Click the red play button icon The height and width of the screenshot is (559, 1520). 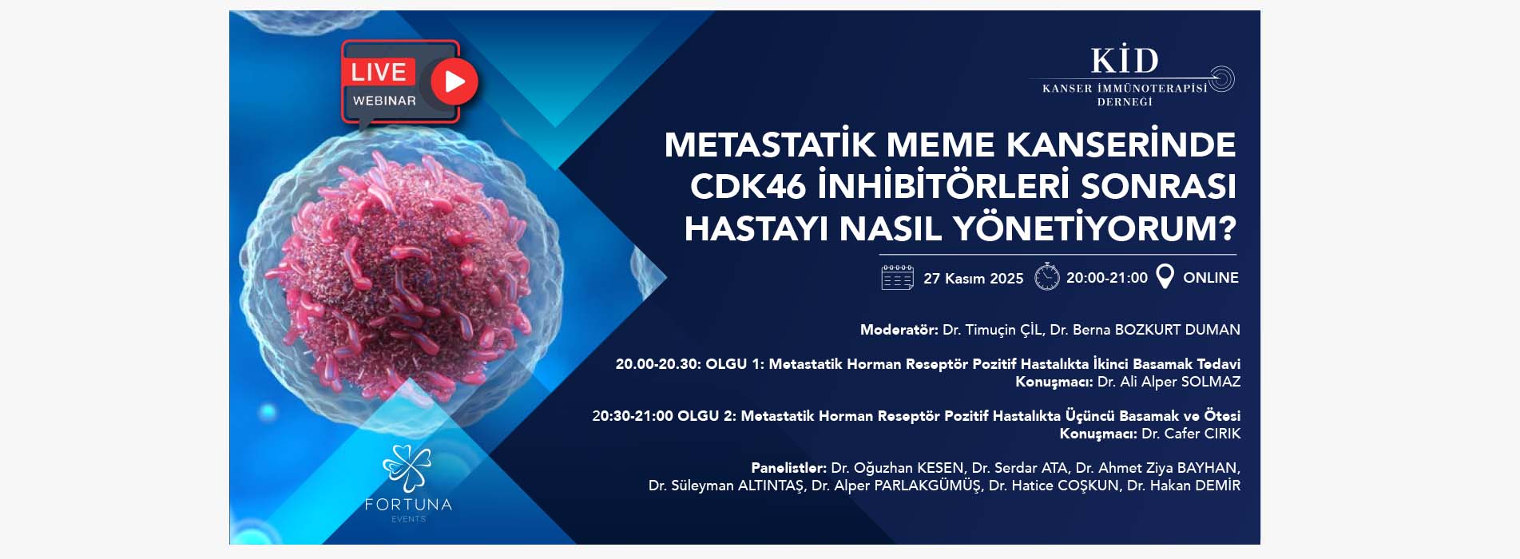point(454,81)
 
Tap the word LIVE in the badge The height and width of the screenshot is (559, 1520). point(379,72)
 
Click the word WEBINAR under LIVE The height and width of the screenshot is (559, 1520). point(384,101)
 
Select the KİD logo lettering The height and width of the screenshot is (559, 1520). point(1125,61)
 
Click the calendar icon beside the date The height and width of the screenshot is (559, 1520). point(897,277)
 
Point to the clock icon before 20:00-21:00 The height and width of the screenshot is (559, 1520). point(1046,276)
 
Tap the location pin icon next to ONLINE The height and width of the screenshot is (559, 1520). point(1165,276)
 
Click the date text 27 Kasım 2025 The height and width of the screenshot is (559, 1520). point(973,278)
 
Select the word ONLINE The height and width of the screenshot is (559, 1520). point(1211,278)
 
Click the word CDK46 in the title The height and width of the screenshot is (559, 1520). point(748,186)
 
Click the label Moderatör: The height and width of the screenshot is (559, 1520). point(899,330)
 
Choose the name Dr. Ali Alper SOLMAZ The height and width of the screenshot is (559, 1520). point(1169,382)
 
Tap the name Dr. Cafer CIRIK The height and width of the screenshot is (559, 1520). point(1191,434)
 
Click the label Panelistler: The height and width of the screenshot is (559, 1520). point(788,468)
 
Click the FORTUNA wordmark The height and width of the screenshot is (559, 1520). point(408,505)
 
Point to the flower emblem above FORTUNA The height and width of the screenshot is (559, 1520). point(407,467)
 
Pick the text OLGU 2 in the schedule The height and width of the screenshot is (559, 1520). point(698,416)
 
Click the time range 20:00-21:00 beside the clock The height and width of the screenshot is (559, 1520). point(1107,278)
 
